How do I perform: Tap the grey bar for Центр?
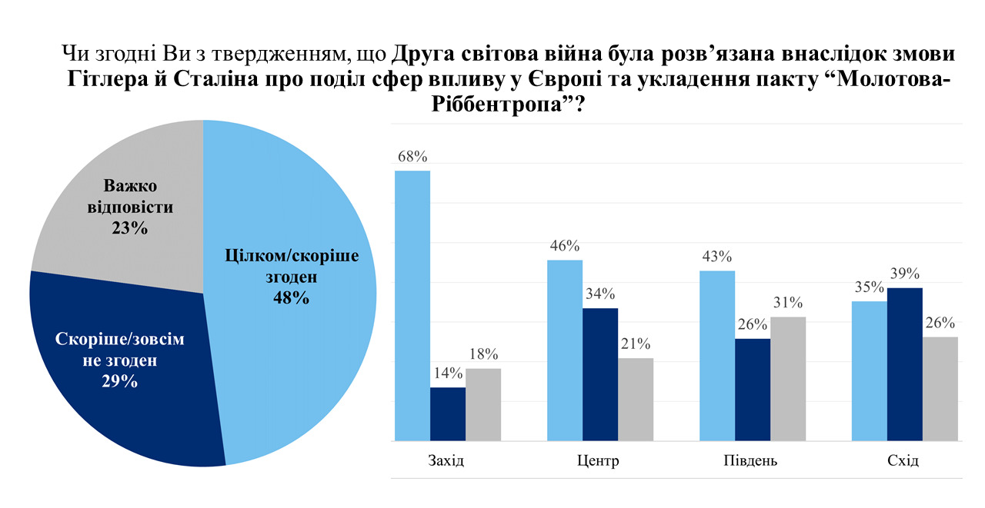point(636,399)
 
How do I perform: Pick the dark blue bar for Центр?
point(600,374)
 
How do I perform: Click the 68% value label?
point(412,157)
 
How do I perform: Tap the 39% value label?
point(905,274)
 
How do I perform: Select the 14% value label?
point(448,374)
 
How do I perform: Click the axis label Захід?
point(446,462)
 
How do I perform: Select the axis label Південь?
point(750,462)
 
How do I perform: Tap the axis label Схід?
point(902,462)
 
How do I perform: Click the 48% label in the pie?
point(291,298)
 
